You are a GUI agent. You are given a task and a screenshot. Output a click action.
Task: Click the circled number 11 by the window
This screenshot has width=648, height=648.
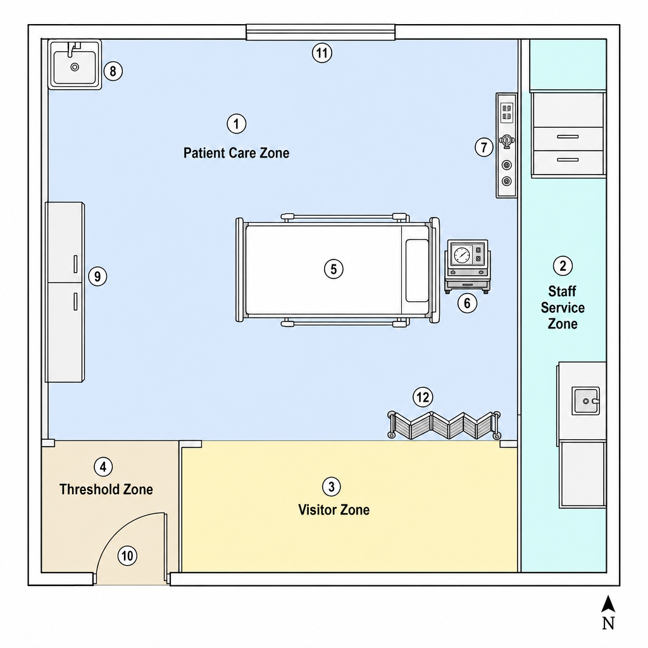(x=322, y=53)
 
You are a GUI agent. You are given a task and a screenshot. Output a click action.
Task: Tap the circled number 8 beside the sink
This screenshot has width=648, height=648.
(x=113, y=71)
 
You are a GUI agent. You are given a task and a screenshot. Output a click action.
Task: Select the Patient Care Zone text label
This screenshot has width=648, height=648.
(x=237, y=153)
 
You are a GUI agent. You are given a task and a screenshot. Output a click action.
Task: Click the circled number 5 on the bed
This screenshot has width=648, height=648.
(x=333, y=269)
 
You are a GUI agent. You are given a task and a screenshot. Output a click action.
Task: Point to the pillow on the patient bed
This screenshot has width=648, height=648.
(x=417, y=270)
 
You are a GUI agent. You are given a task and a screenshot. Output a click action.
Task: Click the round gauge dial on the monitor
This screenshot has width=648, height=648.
(x=461, y=254)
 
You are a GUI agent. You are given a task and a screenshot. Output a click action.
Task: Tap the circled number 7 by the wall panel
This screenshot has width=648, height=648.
(x=484, y=147)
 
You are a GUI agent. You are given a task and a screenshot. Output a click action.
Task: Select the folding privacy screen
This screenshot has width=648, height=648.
(x=444, y=425)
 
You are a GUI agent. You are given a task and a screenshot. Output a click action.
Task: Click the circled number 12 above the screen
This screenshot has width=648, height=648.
(x=423, y=397)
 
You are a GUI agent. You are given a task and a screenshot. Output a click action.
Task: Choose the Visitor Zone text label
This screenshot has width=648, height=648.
(x=334, y=509)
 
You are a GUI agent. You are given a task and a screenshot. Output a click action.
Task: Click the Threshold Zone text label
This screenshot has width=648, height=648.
(x=106, y=489)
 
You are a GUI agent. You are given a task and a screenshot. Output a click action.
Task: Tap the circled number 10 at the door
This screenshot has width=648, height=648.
(x=127, y=556)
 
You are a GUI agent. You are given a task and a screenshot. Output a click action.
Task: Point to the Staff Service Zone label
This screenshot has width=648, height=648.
(x=563, y=308)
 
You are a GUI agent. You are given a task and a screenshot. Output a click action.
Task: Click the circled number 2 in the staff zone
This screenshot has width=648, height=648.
(x=563, y=266)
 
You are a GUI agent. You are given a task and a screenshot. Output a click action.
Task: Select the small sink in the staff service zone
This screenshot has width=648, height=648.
(x=585, y=401)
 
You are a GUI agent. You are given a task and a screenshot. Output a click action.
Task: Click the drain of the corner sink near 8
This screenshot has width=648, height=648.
(x=75, y=67)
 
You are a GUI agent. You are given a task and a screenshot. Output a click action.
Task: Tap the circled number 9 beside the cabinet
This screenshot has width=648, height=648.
(x=97, y=276)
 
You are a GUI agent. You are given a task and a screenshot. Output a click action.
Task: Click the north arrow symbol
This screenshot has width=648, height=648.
(x=608, y=604)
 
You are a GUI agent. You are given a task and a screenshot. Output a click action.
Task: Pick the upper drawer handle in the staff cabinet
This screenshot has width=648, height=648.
(x=568, y=137)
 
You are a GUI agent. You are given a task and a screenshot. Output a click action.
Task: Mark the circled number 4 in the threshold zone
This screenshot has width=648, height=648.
(x=103, y=467)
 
